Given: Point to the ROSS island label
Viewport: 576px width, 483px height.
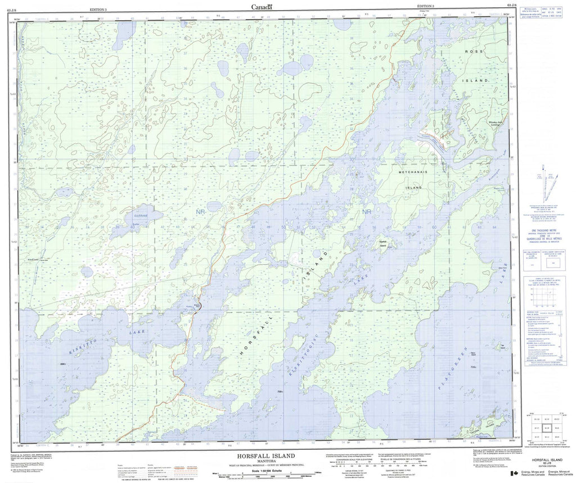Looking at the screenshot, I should (x=473, y=52).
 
